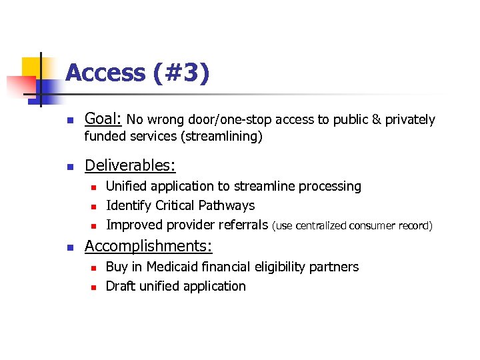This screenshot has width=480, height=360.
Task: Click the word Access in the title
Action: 106,73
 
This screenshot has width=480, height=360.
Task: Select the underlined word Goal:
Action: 103,120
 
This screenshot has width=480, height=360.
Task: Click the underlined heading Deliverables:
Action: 130,165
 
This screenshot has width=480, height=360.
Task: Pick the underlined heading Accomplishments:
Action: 148,246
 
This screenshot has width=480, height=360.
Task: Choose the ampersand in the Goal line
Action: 377,120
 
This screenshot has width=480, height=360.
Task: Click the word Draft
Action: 121,286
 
